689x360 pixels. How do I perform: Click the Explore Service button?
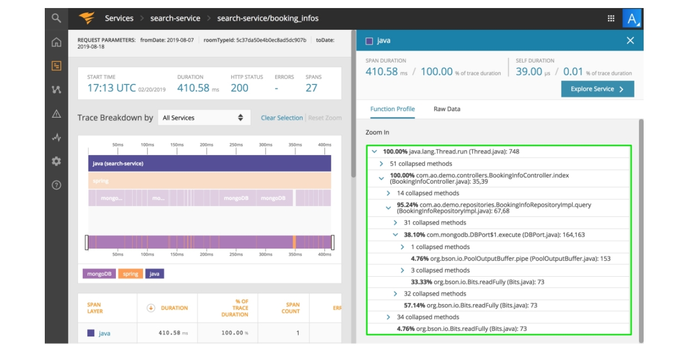coord(597,89)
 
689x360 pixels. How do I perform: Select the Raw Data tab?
coord(447,109)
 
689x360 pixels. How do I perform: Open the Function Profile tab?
coord(392,109)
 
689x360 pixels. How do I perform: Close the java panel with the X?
coord(630,40)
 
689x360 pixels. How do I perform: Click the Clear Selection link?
coord(281,118)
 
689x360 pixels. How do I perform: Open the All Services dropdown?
coord(203,118)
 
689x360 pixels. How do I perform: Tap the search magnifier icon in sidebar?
coord(56,18)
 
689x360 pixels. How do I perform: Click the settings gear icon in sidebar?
coord(56,161)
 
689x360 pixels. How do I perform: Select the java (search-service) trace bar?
coord(210,164)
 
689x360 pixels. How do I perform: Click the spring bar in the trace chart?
coord(210,181)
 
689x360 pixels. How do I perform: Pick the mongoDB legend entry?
coord(99,274)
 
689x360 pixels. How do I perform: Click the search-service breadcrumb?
coord(175,18)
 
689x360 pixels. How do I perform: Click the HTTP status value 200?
coord(239,88)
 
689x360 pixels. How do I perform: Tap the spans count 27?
coord(311,88)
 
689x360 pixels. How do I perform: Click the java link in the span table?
coord(104,333)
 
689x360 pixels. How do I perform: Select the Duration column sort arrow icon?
coord(151,308)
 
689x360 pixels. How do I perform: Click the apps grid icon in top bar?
coord(611,18)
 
